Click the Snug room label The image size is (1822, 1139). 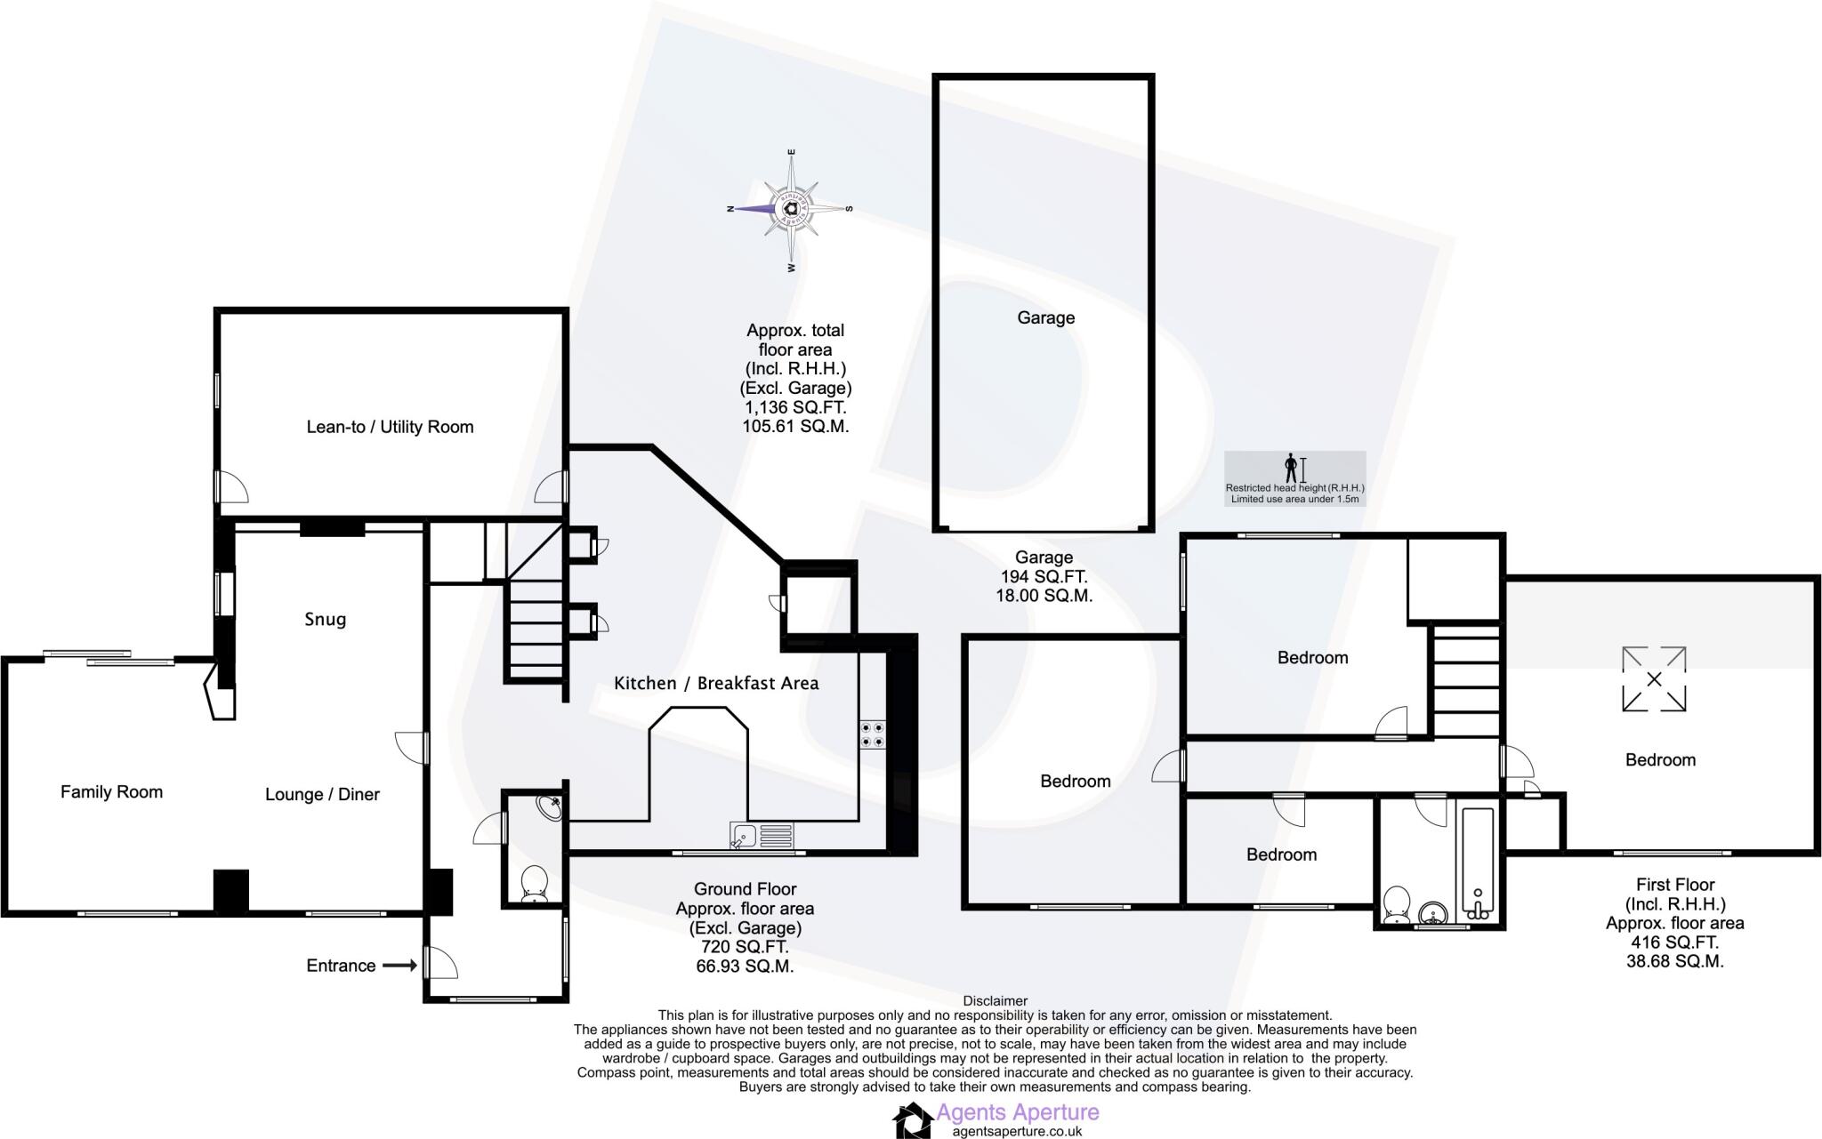click(325, 619)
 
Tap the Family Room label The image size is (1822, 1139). click(111, 791)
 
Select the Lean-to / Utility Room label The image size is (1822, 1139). click(390, 427)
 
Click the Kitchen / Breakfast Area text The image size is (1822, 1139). click(716, 683)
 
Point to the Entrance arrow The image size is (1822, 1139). click(400, 965)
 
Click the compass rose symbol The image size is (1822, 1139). click(790, 209)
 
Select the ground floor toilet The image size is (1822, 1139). click(534, 883)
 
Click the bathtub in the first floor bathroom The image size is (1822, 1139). click(1477, 862)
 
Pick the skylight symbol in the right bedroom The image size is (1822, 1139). click(1654, 679)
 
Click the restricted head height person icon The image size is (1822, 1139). click(1291, 468)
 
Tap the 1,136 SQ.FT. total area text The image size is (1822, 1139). click(794, 407)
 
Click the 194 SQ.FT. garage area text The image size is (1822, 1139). click(1044, 577)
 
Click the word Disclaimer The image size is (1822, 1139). click(995, 1001)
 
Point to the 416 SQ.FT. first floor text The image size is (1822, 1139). click(1674, 942)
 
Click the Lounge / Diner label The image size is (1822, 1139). click(322, 794)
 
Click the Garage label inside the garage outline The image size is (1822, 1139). click(1045, 317)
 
